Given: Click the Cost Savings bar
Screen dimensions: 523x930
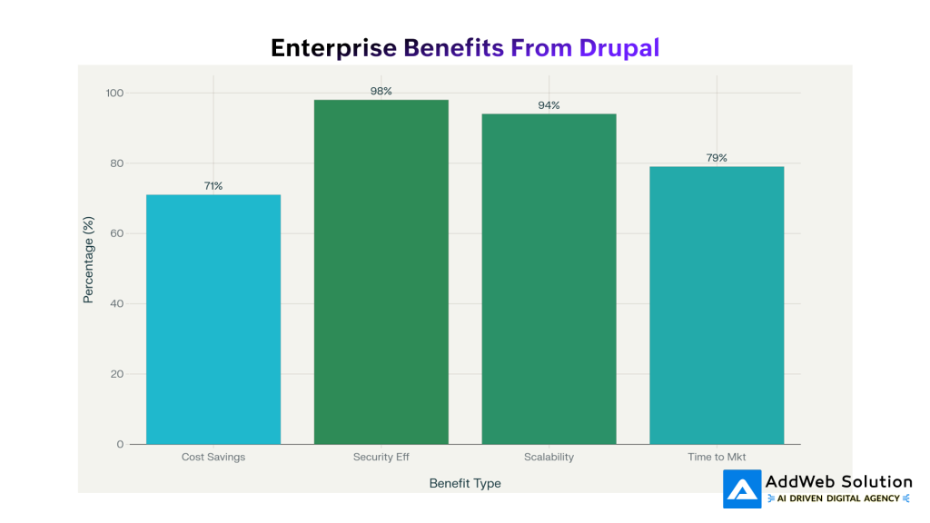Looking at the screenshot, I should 213,320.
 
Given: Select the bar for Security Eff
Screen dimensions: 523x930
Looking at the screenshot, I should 381,272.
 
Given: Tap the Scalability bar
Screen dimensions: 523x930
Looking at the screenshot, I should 549,279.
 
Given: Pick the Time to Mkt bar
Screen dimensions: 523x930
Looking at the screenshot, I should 717,305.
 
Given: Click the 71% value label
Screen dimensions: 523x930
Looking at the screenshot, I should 213,186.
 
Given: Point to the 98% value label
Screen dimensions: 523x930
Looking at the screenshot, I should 381,92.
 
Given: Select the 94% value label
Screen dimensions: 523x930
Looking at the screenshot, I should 549,105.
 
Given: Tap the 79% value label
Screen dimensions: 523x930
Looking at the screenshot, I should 717,158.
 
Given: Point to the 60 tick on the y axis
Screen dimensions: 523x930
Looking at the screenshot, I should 116,233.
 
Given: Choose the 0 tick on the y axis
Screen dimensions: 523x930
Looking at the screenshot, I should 120,444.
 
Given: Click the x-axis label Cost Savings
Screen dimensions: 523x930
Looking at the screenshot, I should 213,457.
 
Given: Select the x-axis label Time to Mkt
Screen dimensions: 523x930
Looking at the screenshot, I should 717,457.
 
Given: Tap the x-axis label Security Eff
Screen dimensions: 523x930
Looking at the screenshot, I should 381,457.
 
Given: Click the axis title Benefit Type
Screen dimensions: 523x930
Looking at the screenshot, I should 465,483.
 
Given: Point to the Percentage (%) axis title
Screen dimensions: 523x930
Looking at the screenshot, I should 89,260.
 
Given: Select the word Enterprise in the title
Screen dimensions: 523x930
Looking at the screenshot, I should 333,48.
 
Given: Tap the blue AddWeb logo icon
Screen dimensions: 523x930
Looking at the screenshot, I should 742,489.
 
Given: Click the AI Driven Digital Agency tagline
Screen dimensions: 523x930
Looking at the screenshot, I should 838,498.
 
